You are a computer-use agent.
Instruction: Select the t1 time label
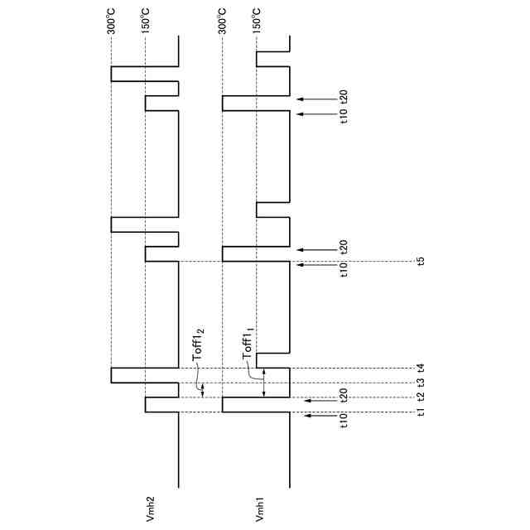pyautogui.click(x=422, y=412)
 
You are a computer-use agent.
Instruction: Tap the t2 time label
pyautogui.click(x=422, y=397)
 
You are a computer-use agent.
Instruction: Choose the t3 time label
pyautogui.click(x=422, y=383)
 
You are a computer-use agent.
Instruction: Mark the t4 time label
pyautogui.click(x=422, y=368)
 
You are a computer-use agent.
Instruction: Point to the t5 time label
pyautogui.click(x=422, y=263)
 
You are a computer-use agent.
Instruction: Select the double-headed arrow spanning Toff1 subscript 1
pyautogui.click(x=264, y=383)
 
